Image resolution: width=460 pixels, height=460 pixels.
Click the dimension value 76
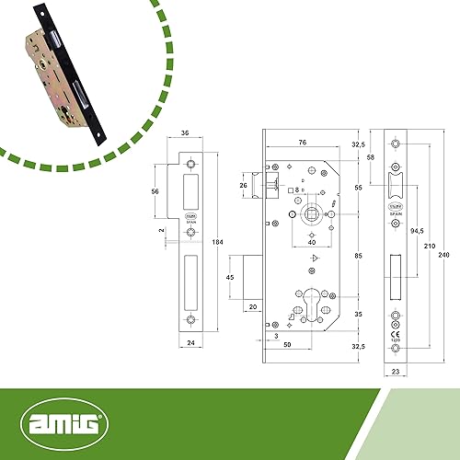point(303,142)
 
